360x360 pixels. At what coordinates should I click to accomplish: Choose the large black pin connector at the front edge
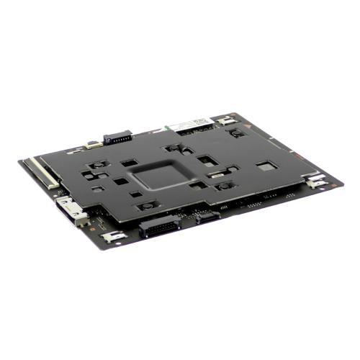pyautogui.click(x=158, y=227)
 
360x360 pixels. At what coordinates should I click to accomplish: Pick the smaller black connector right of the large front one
pyautogui.click(x=206, y=215)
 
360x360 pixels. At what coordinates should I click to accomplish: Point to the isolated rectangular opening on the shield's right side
pyautogui.click(x=266, y=166)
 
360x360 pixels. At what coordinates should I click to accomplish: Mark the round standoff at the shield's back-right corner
pyautogui.click(x=236, y=132)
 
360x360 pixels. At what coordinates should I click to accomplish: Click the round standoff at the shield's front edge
pyautogui.click(x=146, y=205)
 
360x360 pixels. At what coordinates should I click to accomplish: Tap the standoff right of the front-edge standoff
pyautogui.click(x=225, y=185)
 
